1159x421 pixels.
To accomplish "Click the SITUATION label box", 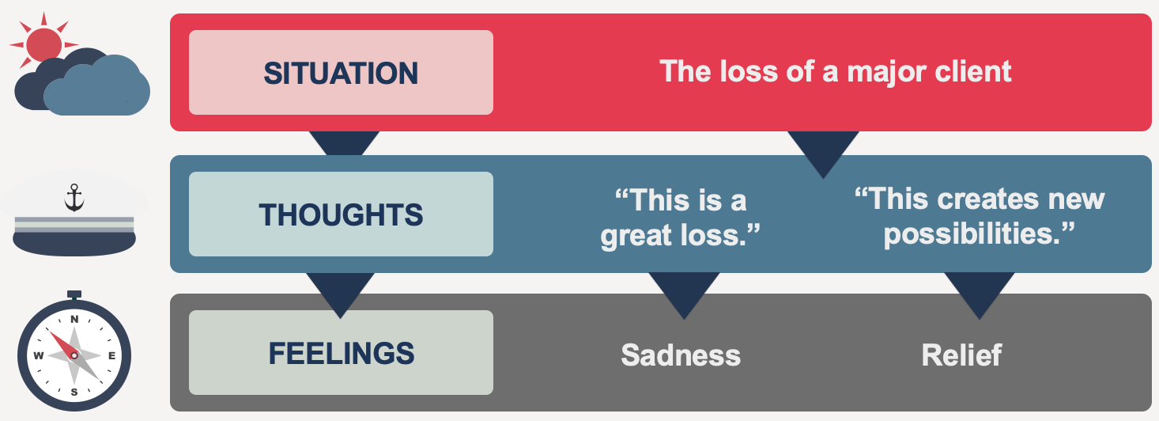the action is coord(341,73).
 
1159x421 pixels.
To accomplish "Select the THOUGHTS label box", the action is coord(341,214).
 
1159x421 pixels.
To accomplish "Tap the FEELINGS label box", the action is coord(341,353).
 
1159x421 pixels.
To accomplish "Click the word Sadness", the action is coord(681,355).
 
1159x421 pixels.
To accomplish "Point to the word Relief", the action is coord(961,355).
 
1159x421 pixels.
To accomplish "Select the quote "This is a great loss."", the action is coord(680,218).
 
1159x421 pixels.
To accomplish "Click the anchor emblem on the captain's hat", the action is coord(74,197).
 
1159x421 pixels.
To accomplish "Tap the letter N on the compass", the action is coord(74,319).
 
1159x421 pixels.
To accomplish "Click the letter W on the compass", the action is coord(38,356).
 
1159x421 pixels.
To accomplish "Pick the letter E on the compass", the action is coord(111,356).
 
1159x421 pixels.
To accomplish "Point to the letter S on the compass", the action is coord(74,392).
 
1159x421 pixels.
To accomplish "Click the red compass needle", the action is coord(62,343).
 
